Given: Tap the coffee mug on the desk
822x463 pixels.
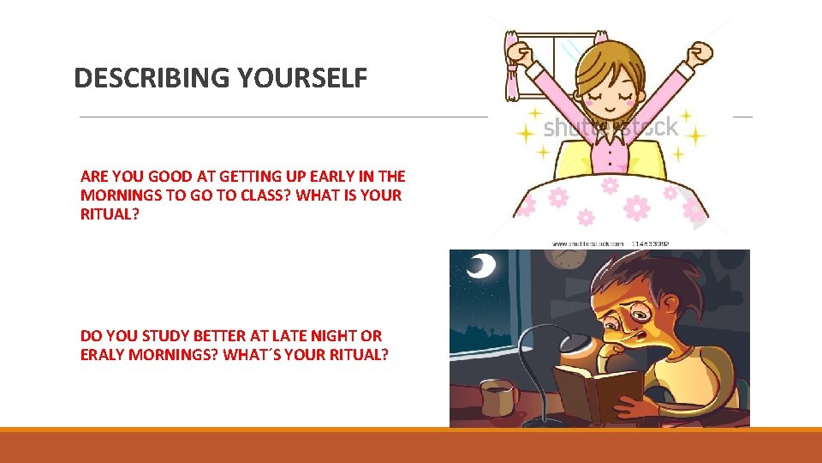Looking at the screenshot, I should [498, 397].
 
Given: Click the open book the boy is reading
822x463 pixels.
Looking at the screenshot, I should [598, 390].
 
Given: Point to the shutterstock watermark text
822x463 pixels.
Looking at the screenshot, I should [610, 128].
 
